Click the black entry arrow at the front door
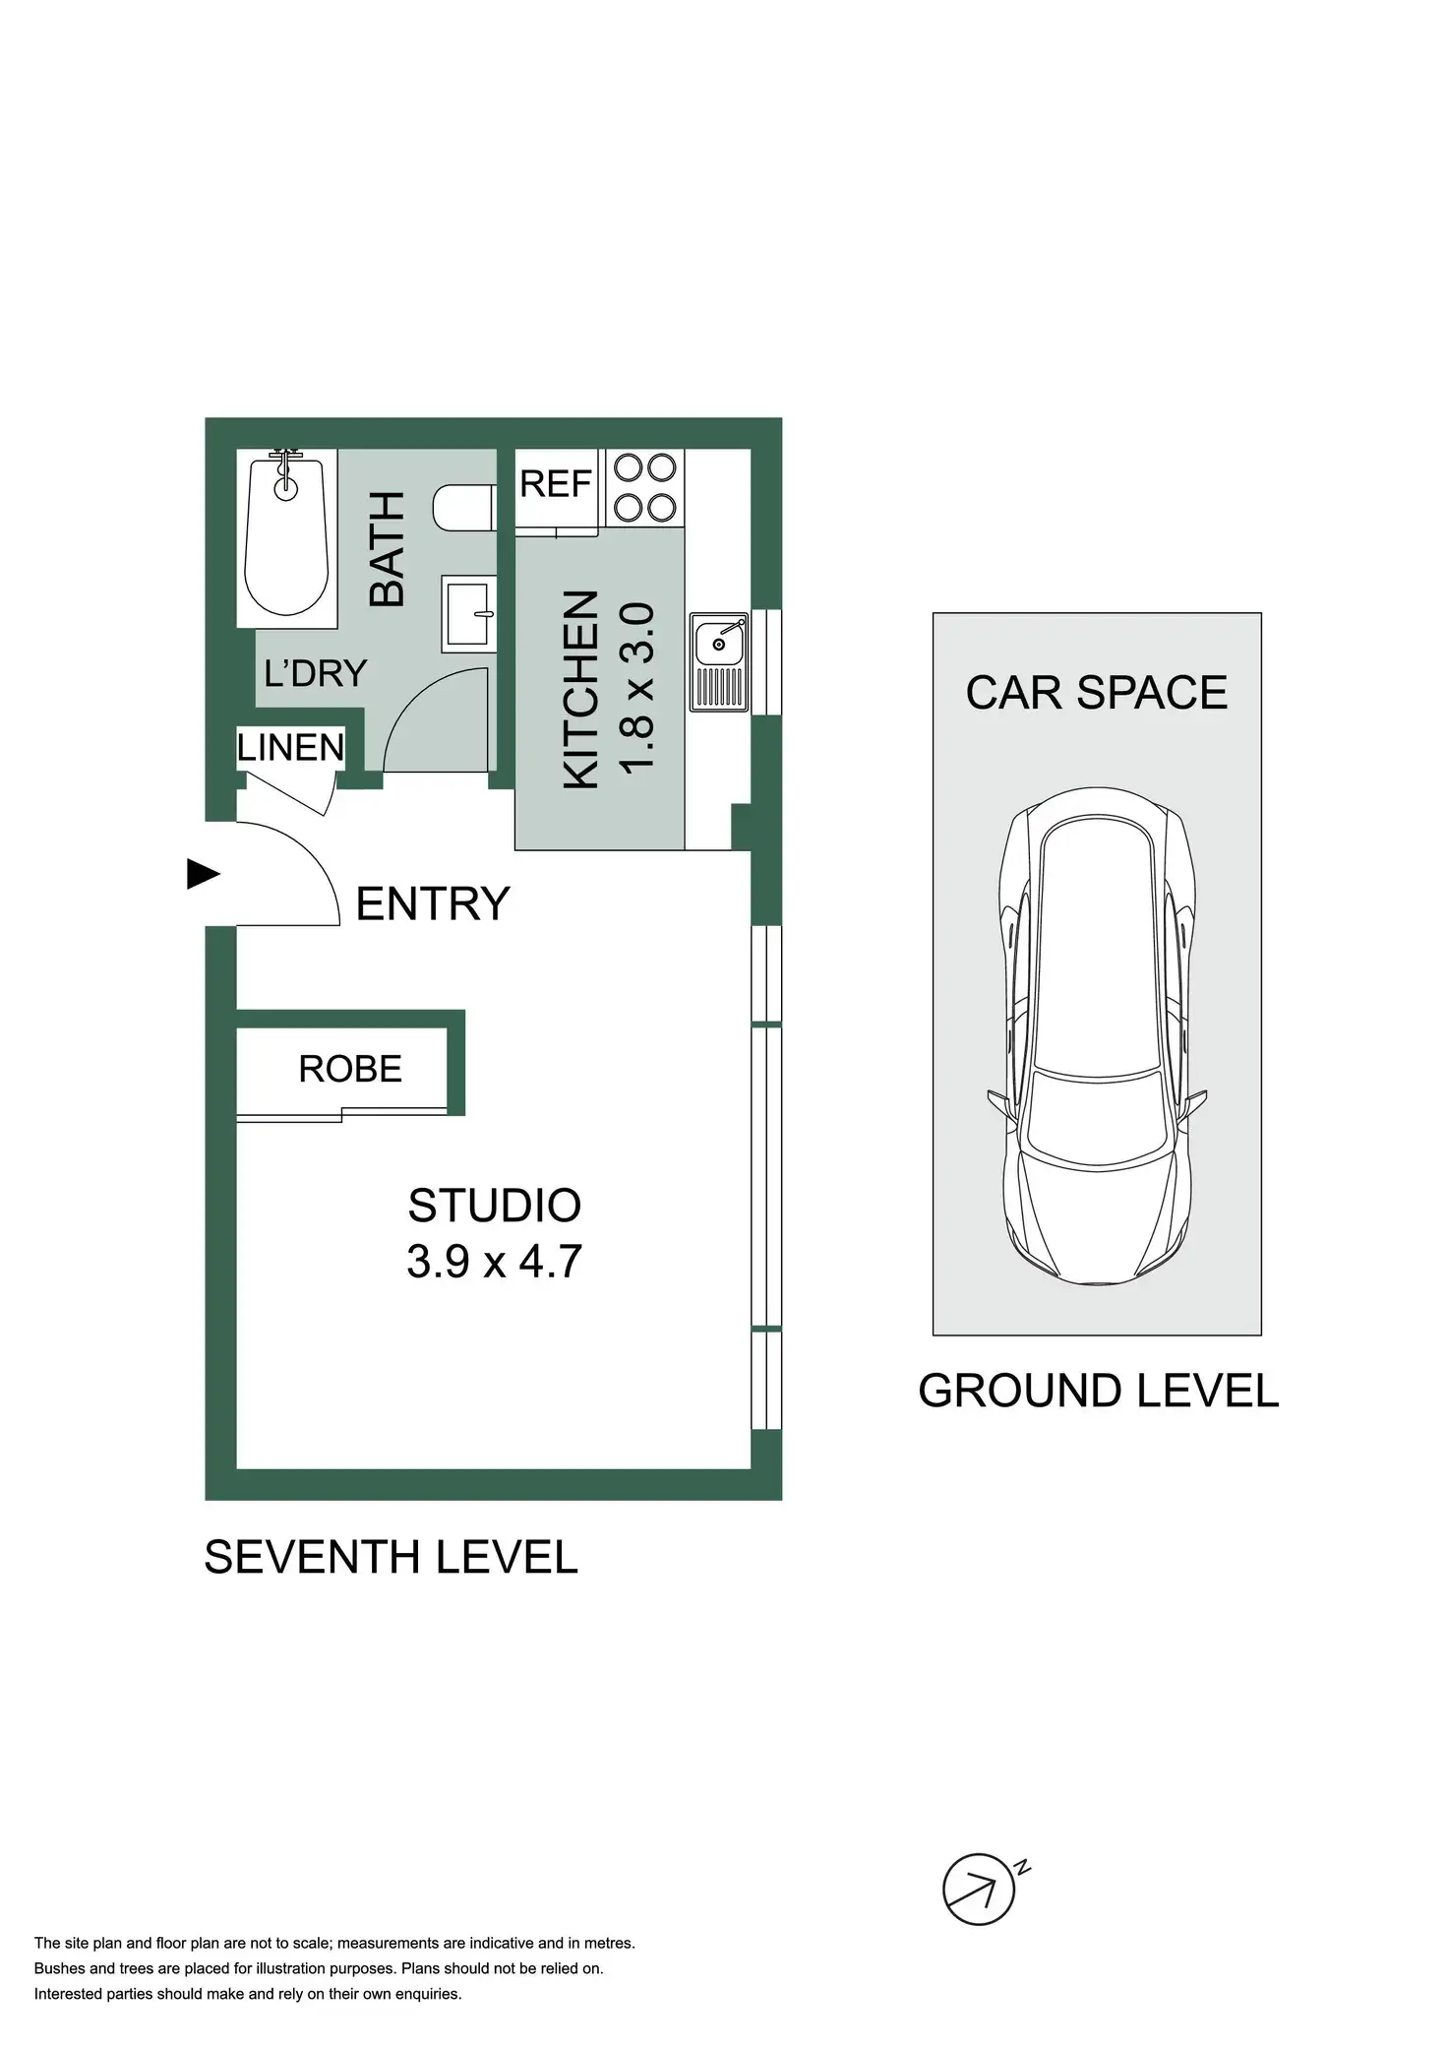point(203,873)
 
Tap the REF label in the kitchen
point(556,484)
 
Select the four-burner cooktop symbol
point(645,487)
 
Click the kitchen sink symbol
point(719,660)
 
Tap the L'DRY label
point(315,673)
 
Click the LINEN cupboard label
point(291,748)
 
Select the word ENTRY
point(432,903)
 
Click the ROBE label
point(350,1069)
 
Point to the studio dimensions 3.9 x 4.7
point(495,1261)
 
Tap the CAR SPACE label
point(1096,693)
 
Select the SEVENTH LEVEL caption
point(391,1558)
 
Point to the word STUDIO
point(495,1206)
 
